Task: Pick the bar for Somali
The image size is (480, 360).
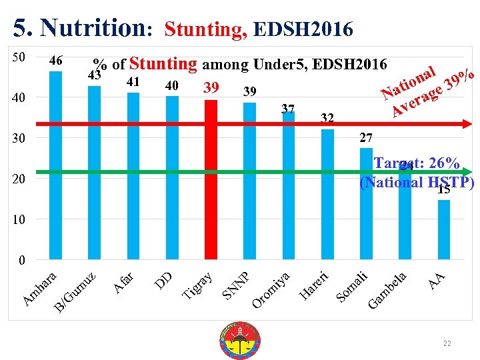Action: (x=366, y=203)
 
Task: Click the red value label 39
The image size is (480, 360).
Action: (x=211, y=89)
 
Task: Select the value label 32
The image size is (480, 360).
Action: (x=327, y=119)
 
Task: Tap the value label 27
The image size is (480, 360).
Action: (x=366, y=139)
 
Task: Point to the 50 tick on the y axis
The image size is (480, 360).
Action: (x=19, y=57)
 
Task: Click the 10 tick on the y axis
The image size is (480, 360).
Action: (x=19, y=219)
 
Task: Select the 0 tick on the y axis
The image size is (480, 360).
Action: (x=21, y=260)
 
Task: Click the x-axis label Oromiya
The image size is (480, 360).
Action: (x=271, y=289)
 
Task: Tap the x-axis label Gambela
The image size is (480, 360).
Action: (x=387, y=290)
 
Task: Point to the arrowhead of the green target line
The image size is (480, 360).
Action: (x=467, y=172)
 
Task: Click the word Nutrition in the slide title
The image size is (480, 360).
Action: (x=92, y=28)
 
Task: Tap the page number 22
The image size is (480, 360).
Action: (x=447, y=343)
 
